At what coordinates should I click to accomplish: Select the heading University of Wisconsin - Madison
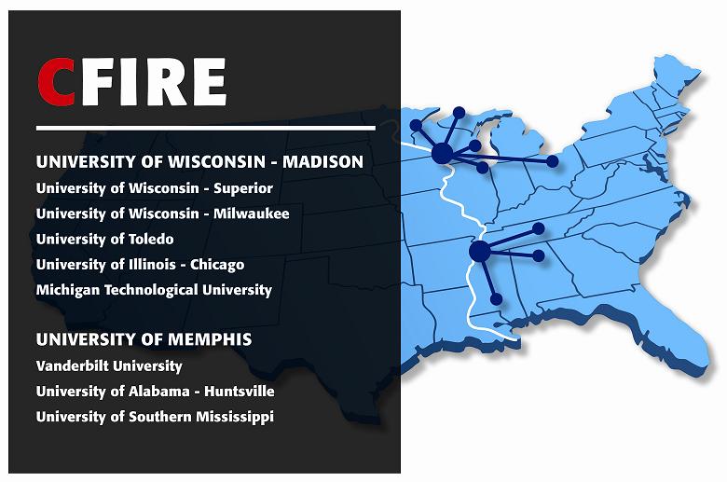pyautogui.click(x=199, y=161)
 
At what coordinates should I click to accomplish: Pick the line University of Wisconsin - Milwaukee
pyautogui.click(x=162, y=213)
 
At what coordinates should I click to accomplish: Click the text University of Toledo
pyautogui.click(x=104, y=239)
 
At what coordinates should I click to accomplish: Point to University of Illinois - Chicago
pyautogui.click(x=140, y=264)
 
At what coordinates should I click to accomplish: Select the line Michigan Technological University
pyautogui.click(x=154, y=289)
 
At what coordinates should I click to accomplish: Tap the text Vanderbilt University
pyautogui.click(x=109, y=365)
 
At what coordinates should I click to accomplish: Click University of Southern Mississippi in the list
pyautogui.click(x=155, y=416)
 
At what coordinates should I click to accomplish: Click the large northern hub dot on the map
pyautogui.click(x=443, y=152)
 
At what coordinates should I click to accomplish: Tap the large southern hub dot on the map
pyautogui.click(x=480, y=251)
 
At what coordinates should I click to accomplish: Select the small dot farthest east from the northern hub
pyautogui.click(x=553, y=161)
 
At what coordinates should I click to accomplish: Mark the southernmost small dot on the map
pyautogui.click(x=497, y=299)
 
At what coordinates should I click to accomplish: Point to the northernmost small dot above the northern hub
pyautogui.click(x=459, y=112)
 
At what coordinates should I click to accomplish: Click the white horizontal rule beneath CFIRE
pyautogui.click(x=205, y=128)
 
